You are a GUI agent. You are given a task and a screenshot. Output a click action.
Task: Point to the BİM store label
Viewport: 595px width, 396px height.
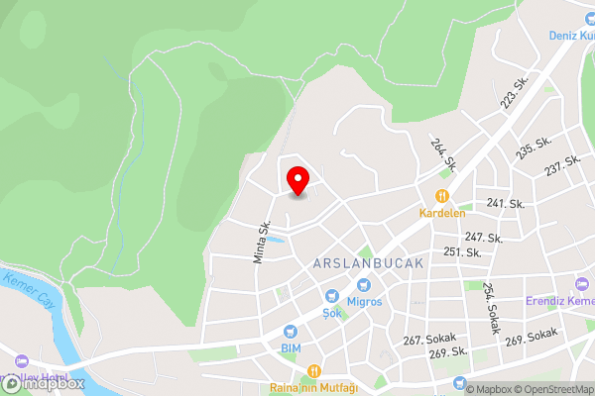[290, 348]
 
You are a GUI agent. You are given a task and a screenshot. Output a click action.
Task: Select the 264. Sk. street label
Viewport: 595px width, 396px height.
[442, 152]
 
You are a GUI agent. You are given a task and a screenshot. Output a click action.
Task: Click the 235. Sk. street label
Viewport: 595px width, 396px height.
[534, 148]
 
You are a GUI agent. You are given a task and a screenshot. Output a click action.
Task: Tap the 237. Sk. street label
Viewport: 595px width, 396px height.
[562, 166]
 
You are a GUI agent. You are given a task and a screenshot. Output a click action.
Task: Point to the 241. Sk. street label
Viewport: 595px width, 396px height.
[505, 203]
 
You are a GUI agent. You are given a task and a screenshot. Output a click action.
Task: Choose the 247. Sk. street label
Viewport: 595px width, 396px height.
[483, 238]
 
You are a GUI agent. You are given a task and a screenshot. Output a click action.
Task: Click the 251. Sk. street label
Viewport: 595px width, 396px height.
[462, 252]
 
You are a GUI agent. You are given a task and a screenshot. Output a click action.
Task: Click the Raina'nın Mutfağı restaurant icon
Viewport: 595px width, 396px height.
[312, 371]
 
